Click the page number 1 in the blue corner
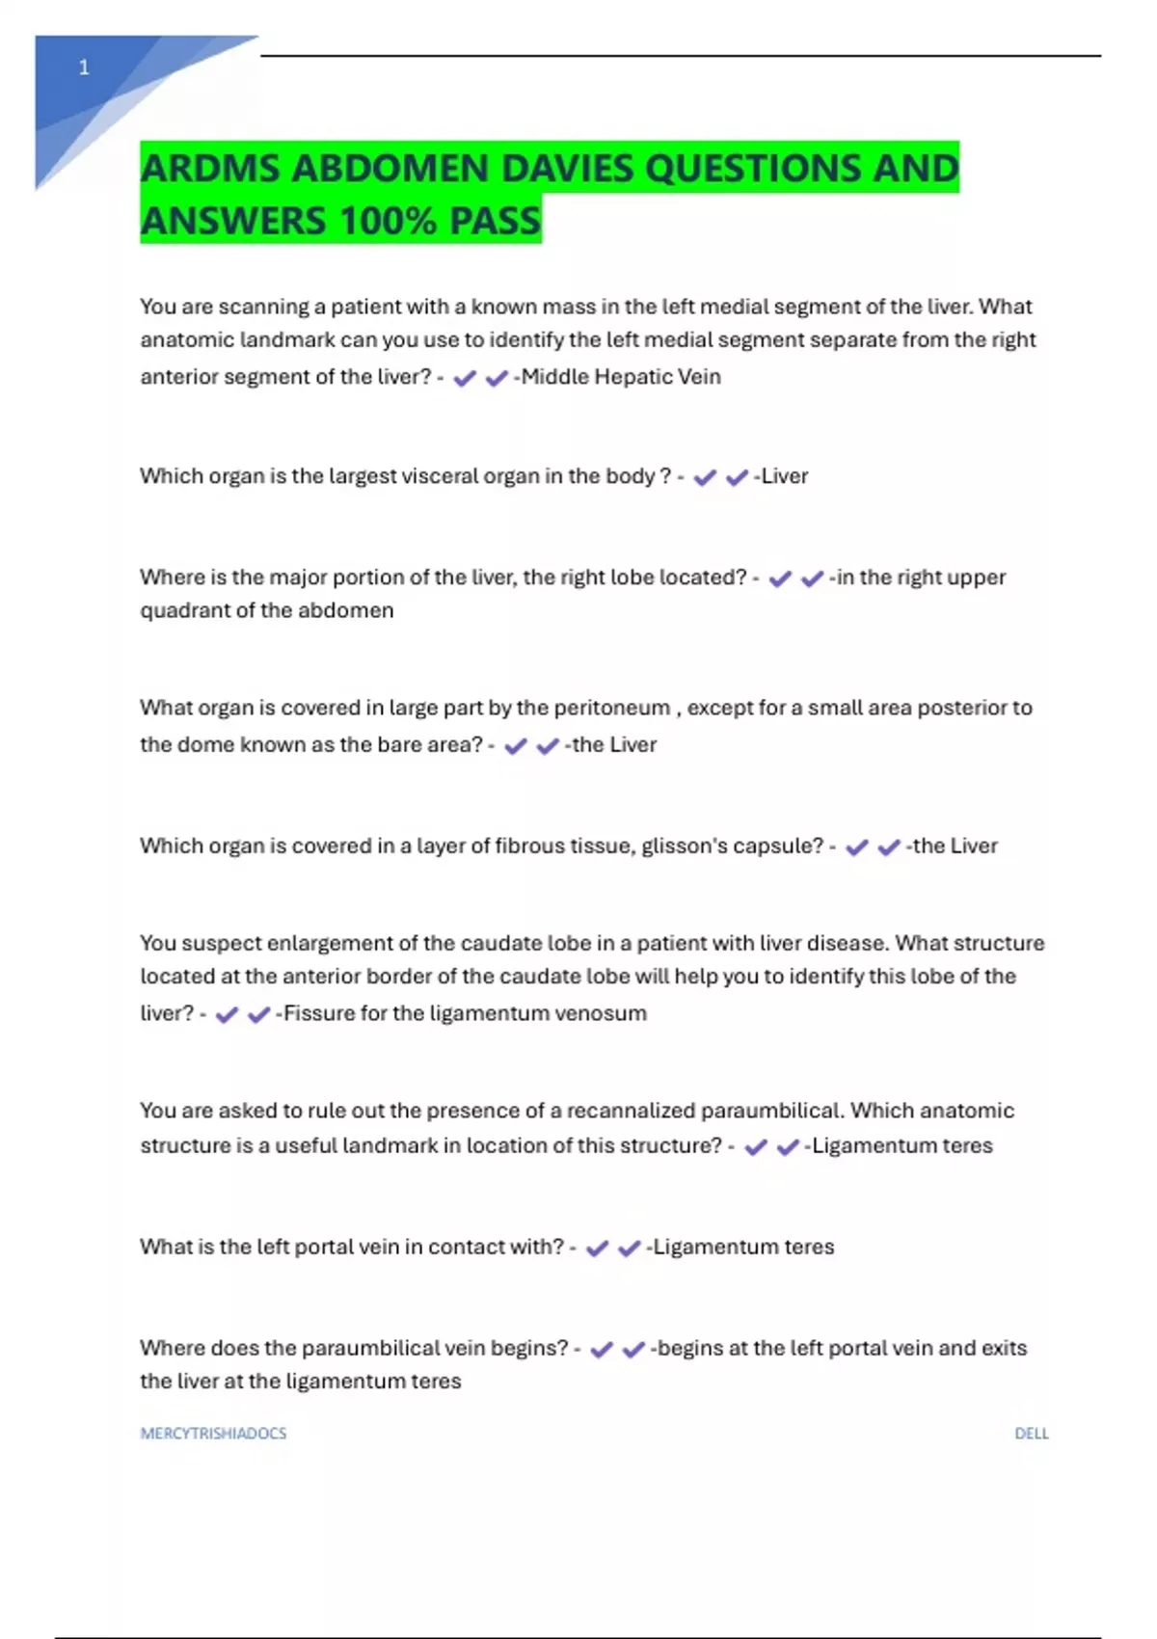[x=84, y=67]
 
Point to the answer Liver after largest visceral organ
[x=785, y=476]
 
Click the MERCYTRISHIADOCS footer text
[x=213, y=1434]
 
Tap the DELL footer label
[x=1031, y=1434]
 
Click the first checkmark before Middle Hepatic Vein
[x=465, y=379]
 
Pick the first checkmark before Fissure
[x=227, y=1015]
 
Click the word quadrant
[x=184, y=610]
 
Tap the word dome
[x=202, y=744]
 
